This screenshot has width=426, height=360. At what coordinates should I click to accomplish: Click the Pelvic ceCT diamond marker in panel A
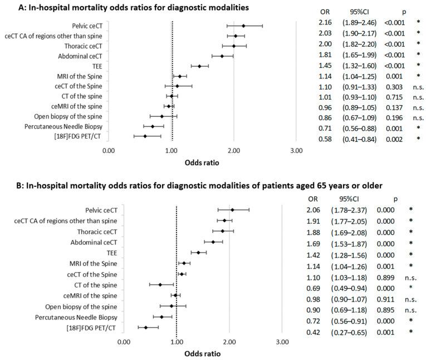coord(243,26)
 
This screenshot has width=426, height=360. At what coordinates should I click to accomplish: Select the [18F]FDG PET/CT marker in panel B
coord(146,328)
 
